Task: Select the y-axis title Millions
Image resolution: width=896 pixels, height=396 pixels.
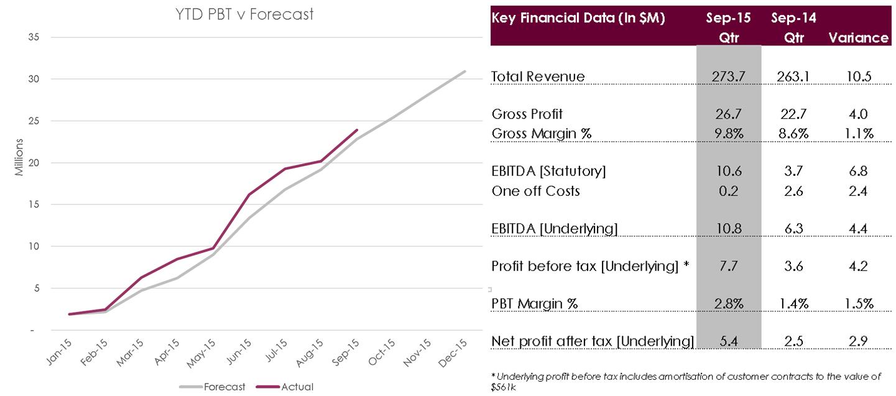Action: pyautogui.click(x=19, y=158)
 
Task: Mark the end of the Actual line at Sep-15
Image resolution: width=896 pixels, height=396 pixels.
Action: pyautogui.click(x=356, y=130)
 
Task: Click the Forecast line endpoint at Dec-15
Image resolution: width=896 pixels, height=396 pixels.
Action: pyautogui.click(x=464, y=71)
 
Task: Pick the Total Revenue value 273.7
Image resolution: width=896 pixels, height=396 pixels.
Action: pyautogui.click(x=728, y=76)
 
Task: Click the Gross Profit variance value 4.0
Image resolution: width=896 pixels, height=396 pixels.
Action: pyautogui.click(x=858, y=114)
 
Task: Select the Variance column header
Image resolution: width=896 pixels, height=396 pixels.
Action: pyautogui.click(x=858, y=38)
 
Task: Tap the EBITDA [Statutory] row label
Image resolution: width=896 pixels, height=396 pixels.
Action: pyautogui.click(x=548, y=170)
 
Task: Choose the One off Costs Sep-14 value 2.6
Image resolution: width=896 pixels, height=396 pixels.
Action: pyautogui.click(x=793, y=191)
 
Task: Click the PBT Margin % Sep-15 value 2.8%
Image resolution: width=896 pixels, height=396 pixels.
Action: pyautogui.click(x=728, y=304)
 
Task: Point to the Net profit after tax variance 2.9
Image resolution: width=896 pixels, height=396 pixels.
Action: pyautogui.click(x=858, y=341)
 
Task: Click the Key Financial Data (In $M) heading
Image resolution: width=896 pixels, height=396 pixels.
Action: pyautogui.click(x=578, y=18)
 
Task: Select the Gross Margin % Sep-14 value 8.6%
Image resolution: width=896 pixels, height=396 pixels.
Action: pyautogui.click(x=793, y=133)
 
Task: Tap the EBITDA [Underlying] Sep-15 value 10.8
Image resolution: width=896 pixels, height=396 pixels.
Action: pyautogui.click(x=728, y=229)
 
